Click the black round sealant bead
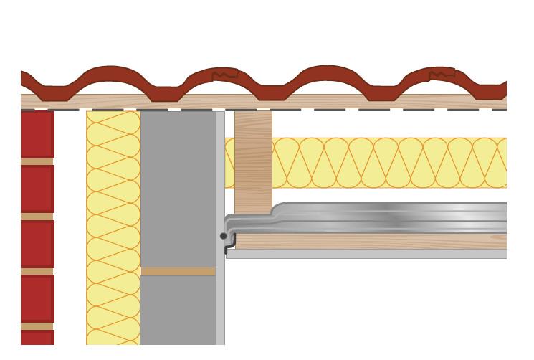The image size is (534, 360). pyautogui.click(x=224, y=236)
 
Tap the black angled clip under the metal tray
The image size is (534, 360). pyautogui.click(x=228, y=247)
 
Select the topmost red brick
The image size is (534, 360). pyautogui.click(x=37, y=133)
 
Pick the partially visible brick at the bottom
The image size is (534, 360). pyautogui.click(x=37, y=337)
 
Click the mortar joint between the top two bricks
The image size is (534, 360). pyautogui.click(x=37, y=162)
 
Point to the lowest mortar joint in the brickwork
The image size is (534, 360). pyautogui.click(x=37, y=326)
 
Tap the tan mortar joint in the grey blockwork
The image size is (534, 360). pyautogui.click(x=178, y=272)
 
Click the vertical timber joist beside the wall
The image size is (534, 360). pyautogui.click(x=253, y=161)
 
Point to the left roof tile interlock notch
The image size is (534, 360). pyautogui.click(x=224, y=74)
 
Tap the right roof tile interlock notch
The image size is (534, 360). pyautogui.click(x=442, y=73)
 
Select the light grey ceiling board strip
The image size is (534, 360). pyautogui.click(x=366, y=254)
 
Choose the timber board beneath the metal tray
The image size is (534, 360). pyautogui.click(x=366, y=242)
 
